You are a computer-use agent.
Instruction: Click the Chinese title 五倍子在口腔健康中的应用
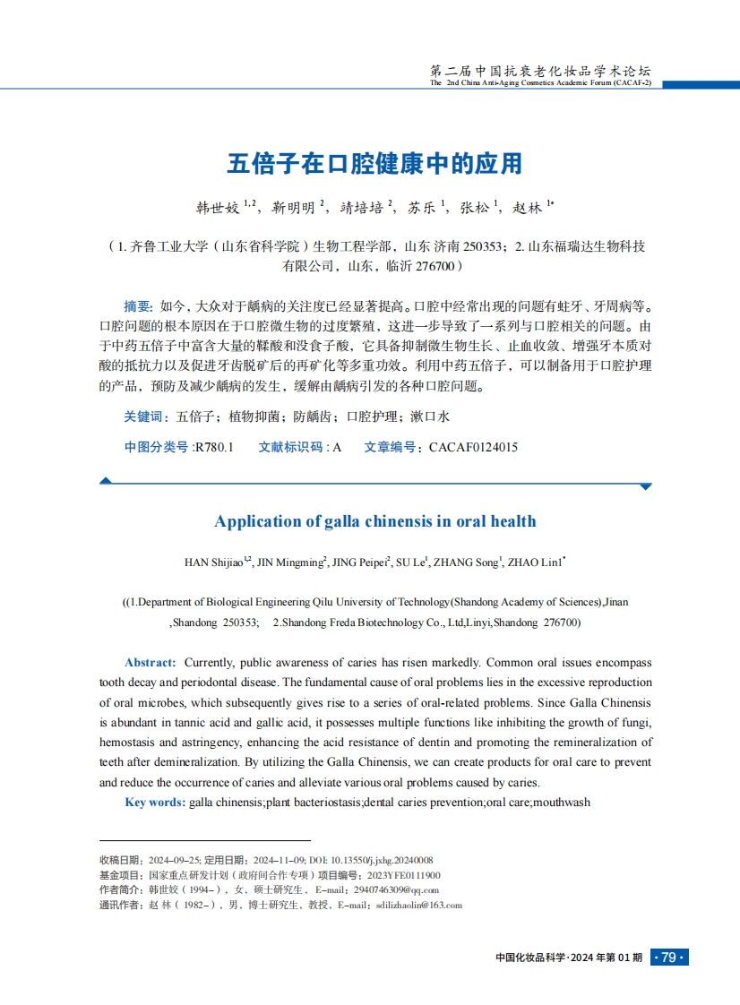[x=374, y=164]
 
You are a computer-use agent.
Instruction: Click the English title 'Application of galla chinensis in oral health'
[x=375, y=521]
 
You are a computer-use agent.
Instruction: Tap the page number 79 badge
[x=668, y=958]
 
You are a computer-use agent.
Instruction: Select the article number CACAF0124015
[x=473, y=447]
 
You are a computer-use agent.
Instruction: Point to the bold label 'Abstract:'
[x=150, y=662]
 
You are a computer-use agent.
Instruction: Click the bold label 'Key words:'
[x=155, y=802]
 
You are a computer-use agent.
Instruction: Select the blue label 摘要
[x=137, y=305]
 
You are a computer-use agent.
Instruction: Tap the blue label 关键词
[x=146, y=417]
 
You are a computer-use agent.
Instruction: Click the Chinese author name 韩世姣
[x=218, y=208]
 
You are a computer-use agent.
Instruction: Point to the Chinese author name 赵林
[x=529, y=208]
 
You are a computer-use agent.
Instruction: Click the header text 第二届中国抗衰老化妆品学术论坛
[x=540, y=71]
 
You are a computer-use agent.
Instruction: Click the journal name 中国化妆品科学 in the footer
[x=531, y=958]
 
